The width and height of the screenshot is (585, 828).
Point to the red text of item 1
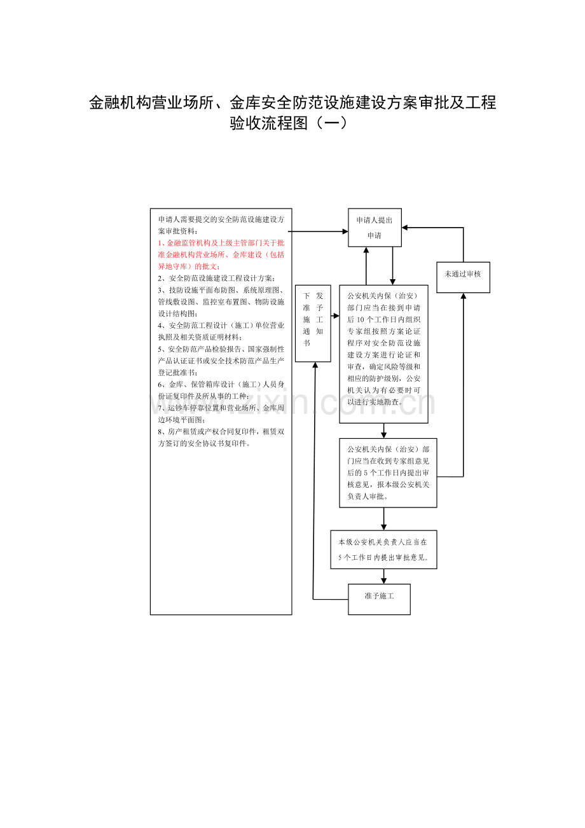221,254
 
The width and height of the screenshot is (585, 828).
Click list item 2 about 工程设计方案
217,279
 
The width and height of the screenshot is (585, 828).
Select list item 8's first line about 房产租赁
221,431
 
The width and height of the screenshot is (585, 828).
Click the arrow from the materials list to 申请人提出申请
318,231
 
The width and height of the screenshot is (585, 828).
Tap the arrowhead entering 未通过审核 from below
464,296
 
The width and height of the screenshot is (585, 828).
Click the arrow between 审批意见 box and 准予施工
383,576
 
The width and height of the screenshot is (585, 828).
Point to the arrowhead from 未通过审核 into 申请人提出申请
404,228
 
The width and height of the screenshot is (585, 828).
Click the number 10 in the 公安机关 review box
361,319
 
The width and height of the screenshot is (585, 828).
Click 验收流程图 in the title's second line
269,123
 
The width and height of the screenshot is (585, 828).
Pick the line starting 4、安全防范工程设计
221,326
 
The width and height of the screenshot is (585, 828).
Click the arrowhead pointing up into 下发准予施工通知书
315,365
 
